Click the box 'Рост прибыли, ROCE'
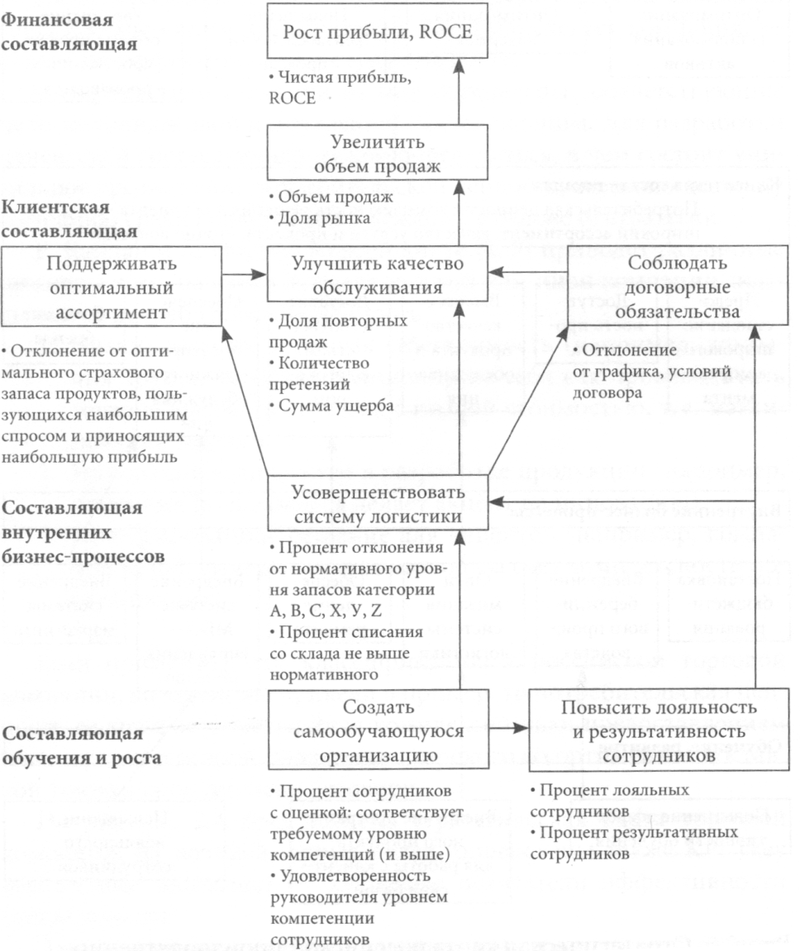tap(377, 31)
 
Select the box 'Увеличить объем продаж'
tap(377, 152)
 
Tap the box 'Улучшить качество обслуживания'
tap(377, 273)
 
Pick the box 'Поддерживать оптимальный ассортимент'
tap(111, 286)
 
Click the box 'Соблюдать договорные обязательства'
tap(677, 286)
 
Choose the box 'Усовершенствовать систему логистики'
tap(378, 503)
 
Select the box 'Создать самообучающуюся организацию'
tap(379, 729)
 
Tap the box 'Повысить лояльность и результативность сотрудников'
tap(660, 730)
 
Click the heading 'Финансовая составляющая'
tap(69, 31)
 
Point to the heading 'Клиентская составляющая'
tap(69, 218)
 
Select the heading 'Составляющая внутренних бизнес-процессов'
tap(83, 532)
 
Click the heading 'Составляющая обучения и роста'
tap(81, 745)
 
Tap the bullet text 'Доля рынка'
tap(320, 218)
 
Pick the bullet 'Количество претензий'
tap(319, 373)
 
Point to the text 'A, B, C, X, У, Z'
tap(326, 610)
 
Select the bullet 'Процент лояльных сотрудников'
tap(610, 801)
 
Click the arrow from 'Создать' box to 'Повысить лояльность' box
tap(509, 728)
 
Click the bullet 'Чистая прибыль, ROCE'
tap(340, 88)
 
